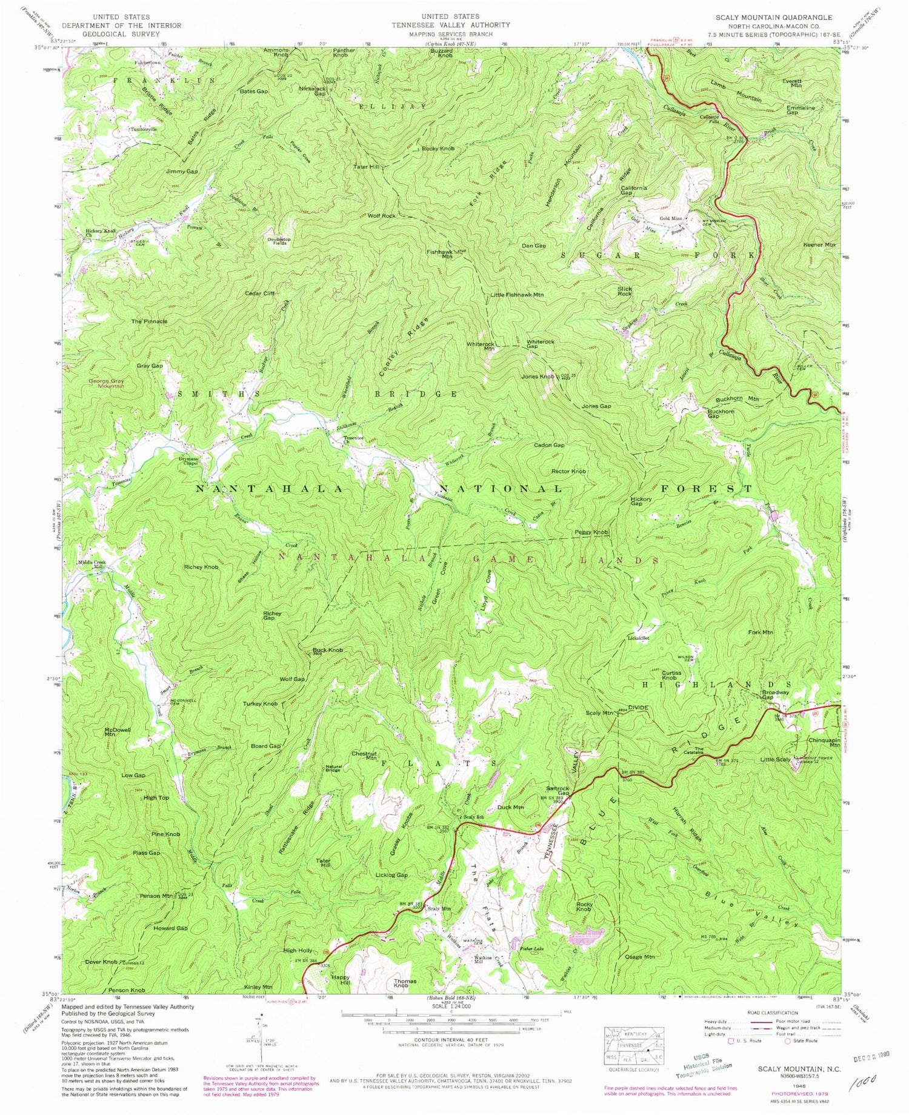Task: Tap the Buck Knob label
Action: [327, 651]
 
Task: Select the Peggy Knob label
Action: [591, 532]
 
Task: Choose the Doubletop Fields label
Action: [279, 241]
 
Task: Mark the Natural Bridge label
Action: [334, 768]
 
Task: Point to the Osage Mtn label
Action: [639, 957]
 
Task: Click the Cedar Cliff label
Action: [259, 293]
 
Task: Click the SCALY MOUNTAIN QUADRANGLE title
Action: [782, 17]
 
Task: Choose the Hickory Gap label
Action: [641, 502]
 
